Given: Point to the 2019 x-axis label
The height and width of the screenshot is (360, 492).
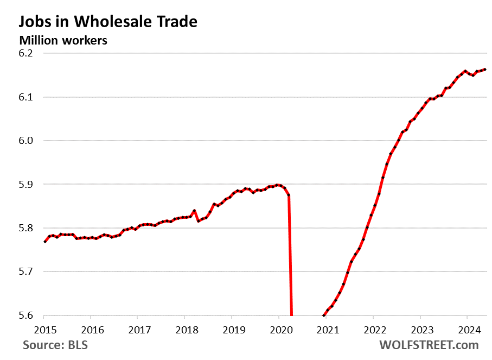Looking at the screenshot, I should coord(232,330).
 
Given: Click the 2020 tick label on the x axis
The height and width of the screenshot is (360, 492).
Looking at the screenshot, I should coord(279,330).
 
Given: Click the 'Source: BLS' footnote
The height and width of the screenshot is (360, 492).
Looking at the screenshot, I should coord(55,345).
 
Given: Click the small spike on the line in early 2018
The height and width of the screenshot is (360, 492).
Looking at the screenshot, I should coord(194,211).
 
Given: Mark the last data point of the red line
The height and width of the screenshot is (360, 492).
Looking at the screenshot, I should coord(484,70).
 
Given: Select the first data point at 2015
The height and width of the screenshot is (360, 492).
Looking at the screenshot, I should coord(44,242).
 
